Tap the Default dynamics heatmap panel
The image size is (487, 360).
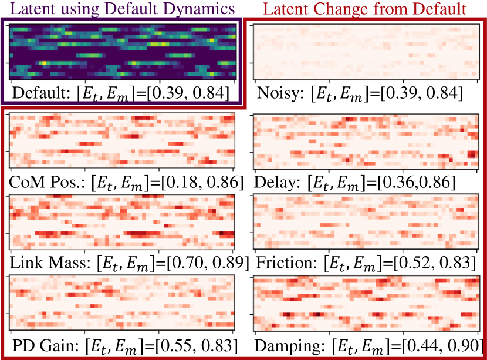(122, 52)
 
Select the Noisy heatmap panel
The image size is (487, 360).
(364, 52)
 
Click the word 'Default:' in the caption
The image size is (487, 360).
(38, 93)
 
